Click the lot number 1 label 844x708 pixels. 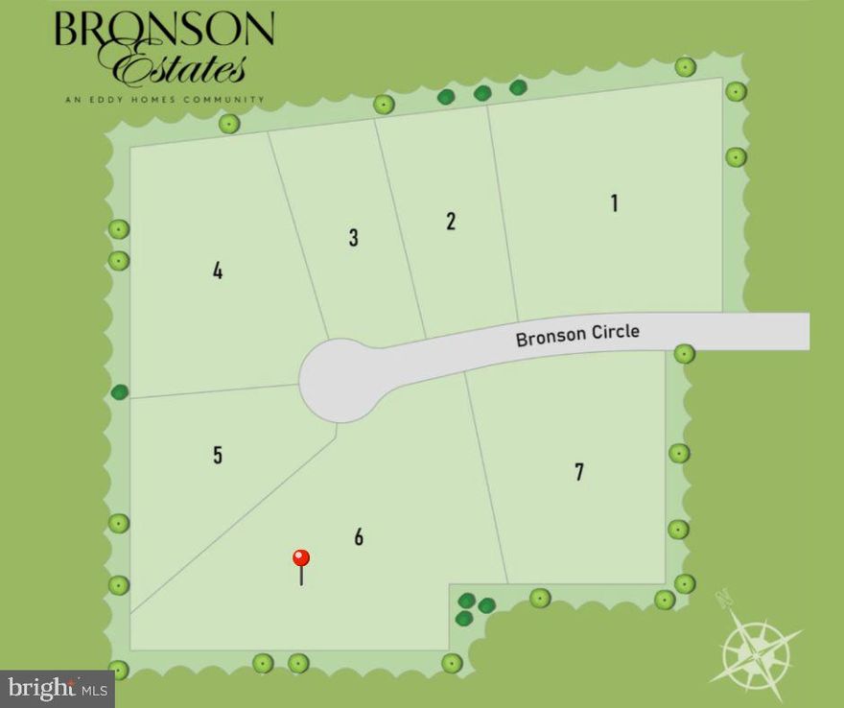point(614,203)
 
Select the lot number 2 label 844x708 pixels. point(451,221)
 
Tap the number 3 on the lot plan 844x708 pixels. point(353,238)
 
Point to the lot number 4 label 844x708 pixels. point(218,271)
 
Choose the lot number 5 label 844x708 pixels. point(218,455)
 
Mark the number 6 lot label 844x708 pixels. point(359,536)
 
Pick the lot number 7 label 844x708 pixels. point(578,472)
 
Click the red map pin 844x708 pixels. point(301,559)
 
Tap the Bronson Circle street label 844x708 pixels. point(577,335)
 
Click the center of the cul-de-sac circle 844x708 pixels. point(336,380)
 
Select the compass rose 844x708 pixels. point(757,649)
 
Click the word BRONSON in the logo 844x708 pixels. point(164,29)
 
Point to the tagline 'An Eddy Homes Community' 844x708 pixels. point(164,99)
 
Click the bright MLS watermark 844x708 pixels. point(58,688)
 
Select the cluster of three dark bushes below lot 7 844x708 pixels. point(474,608)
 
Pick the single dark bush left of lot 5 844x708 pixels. point(120,391)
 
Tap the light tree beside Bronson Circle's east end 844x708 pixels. point(684,354)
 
